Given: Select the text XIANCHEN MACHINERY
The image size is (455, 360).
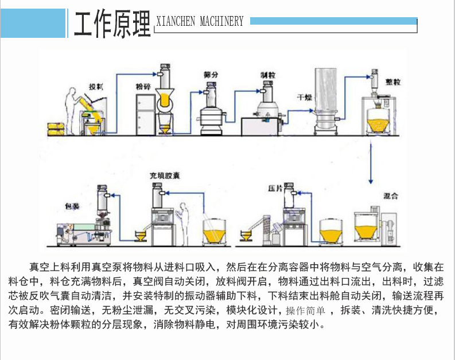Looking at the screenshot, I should click(200, 22).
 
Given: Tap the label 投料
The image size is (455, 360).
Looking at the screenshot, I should click(95, 87).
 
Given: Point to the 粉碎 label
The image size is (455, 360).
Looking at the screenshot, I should click(143, 87).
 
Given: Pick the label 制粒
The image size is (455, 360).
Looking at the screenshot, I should click(268, 75).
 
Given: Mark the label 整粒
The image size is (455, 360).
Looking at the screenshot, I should click(394, 83).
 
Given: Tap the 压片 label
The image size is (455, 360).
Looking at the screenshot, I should click(275, 188).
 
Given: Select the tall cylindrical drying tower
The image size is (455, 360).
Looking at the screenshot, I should click(325, 101).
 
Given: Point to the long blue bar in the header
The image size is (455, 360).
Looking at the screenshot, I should click(333, 21).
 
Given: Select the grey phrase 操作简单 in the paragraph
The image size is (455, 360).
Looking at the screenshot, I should click(305, 311).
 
